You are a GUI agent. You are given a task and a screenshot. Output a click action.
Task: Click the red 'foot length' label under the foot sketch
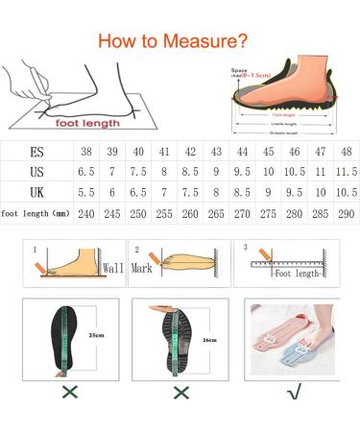(89, 123)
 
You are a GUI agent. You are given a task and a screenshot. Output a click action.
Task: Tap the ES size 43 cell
(215, 153)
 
